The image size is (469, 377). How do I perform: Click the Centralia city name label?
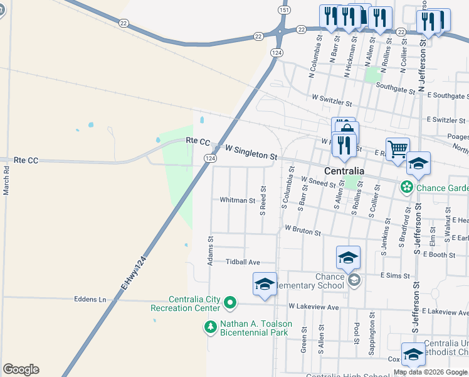tap(344, 171)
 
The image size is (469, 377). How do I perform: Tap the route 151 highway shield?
tap(285, 10)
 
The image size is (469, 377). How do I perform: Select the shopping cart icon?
tap(398, 150)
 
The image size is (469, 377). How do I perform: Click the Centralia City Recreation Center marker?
tap(230, 303)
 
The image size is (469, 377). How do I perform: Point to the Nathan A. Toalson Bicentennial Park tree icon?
tap(210, 326)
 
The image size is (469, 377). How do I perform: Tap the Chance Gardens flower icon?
tap(407, 187)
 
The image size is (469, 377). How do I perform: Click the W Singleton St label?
tap(251, 151)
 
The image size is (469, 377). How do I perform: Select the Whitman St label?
tap(237, 200)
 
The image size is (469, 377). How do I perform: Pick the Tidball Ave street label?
tap(243, 261)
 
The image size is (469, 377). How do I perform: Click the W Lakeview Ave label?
tap(314, 307)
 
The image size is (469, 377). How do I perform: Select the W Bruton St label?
tap(303, 231)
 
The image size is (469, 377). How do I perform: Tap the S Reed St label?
tap(264, 200)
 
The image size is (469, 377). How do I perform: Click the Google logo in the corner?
tap(21, 369)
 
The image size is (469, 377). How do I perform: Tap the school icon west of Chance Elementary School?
tap(265, 283)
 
